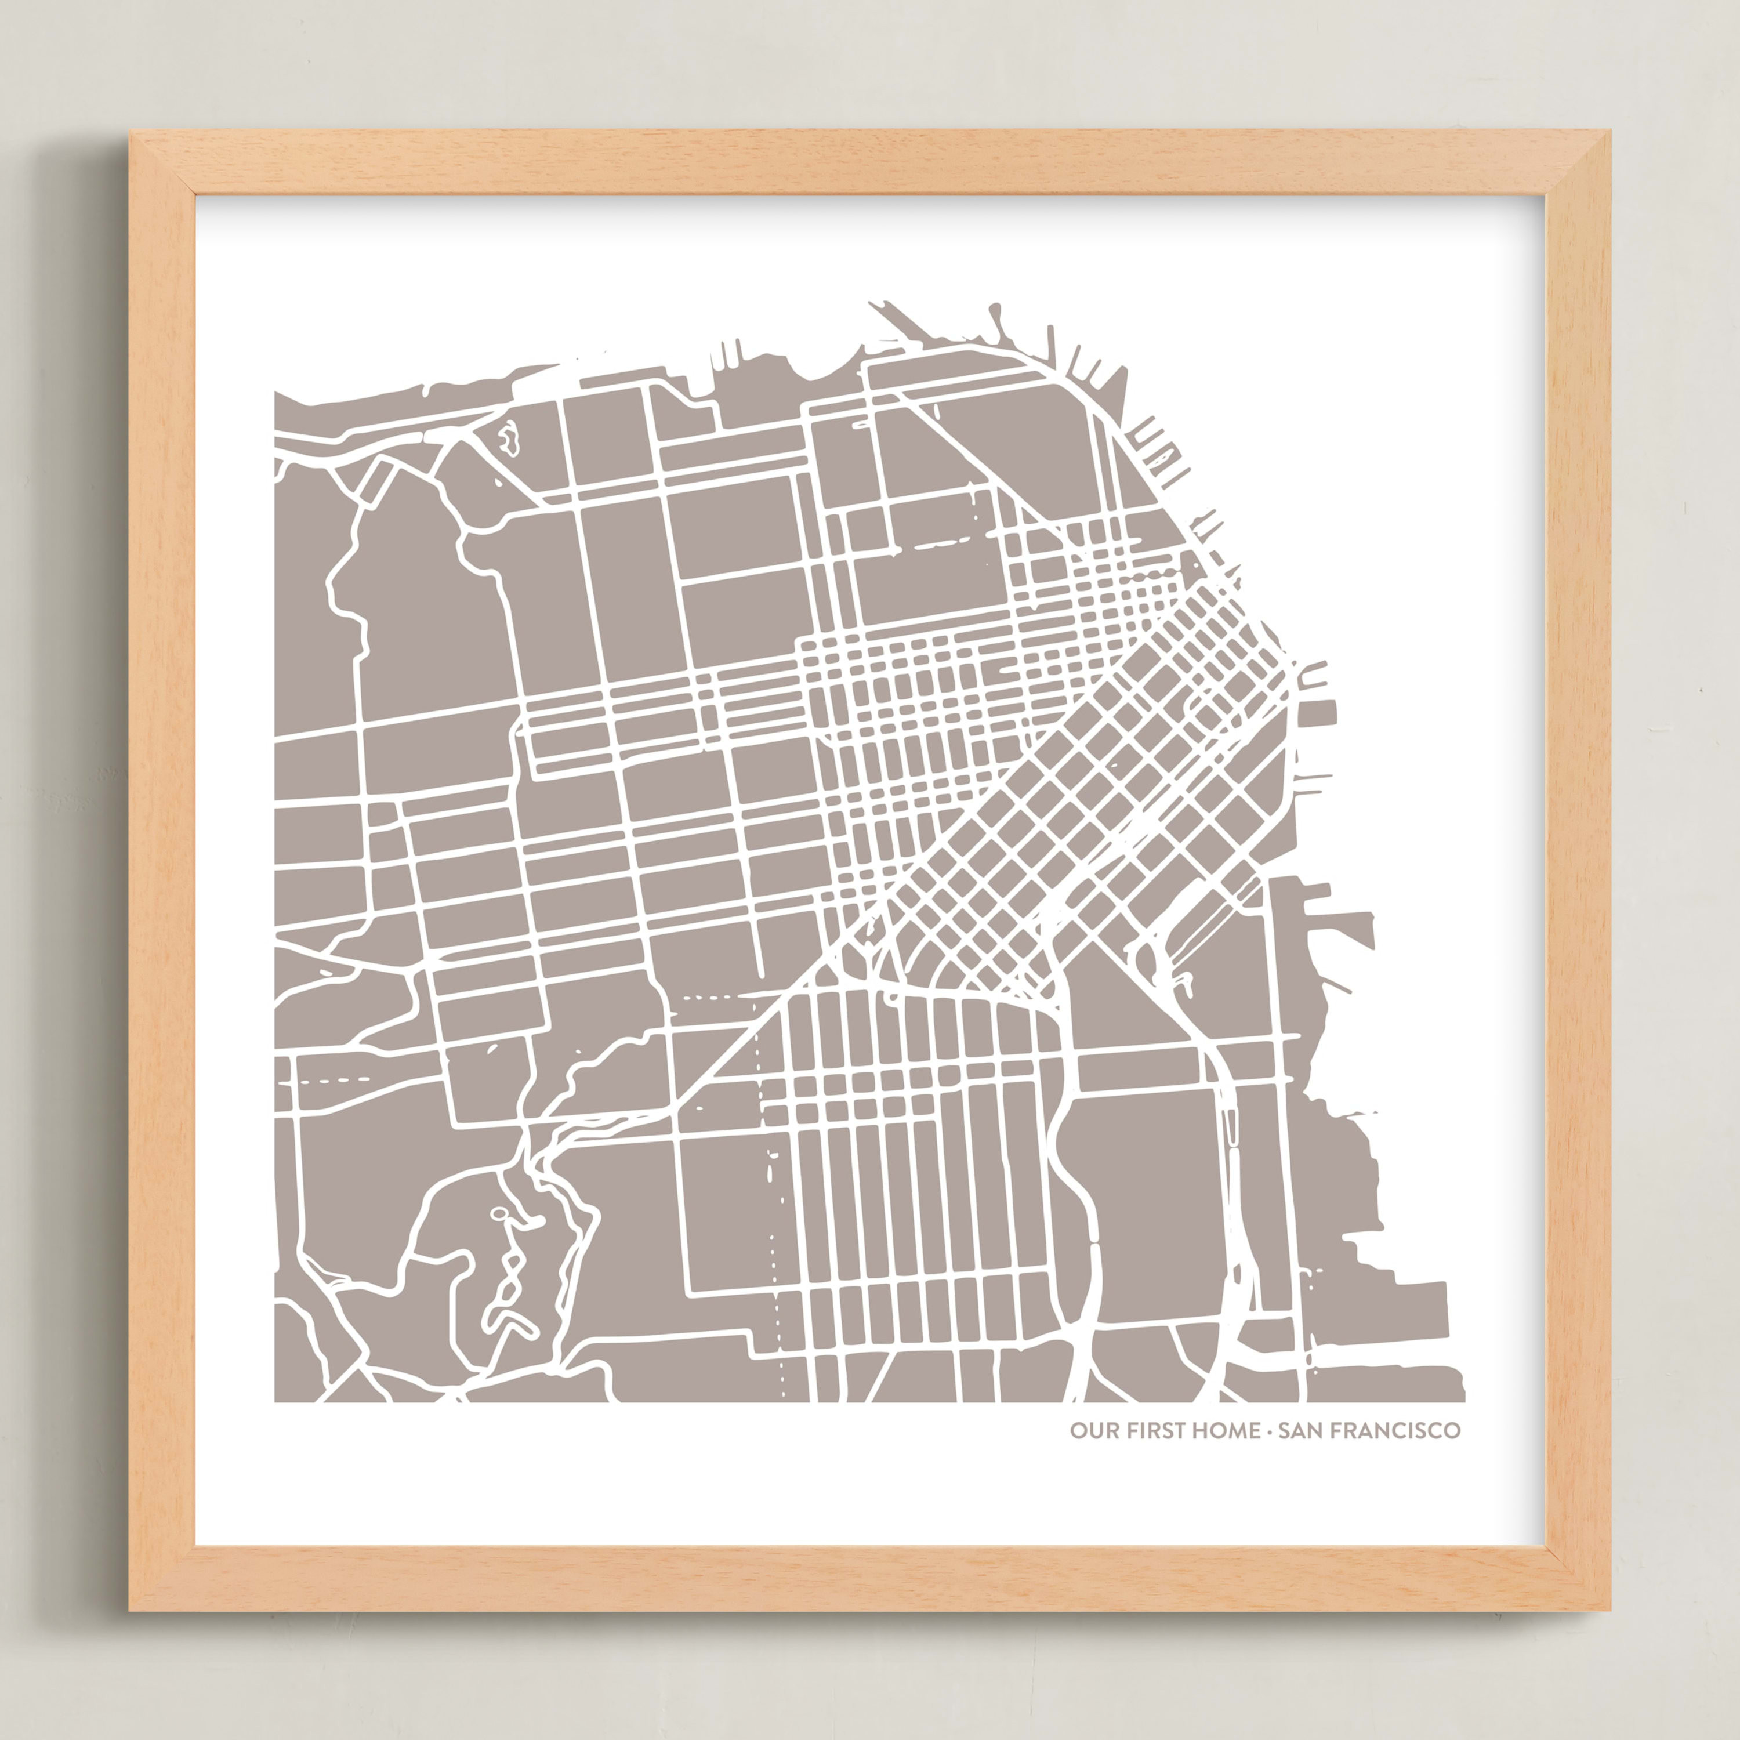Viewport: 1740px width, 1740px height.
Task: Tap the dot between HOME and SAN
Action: click(x=1269, y=1430)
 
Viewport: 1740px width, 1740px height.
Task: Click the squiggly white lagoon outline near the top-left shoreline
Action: click(x=510, y=438)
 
